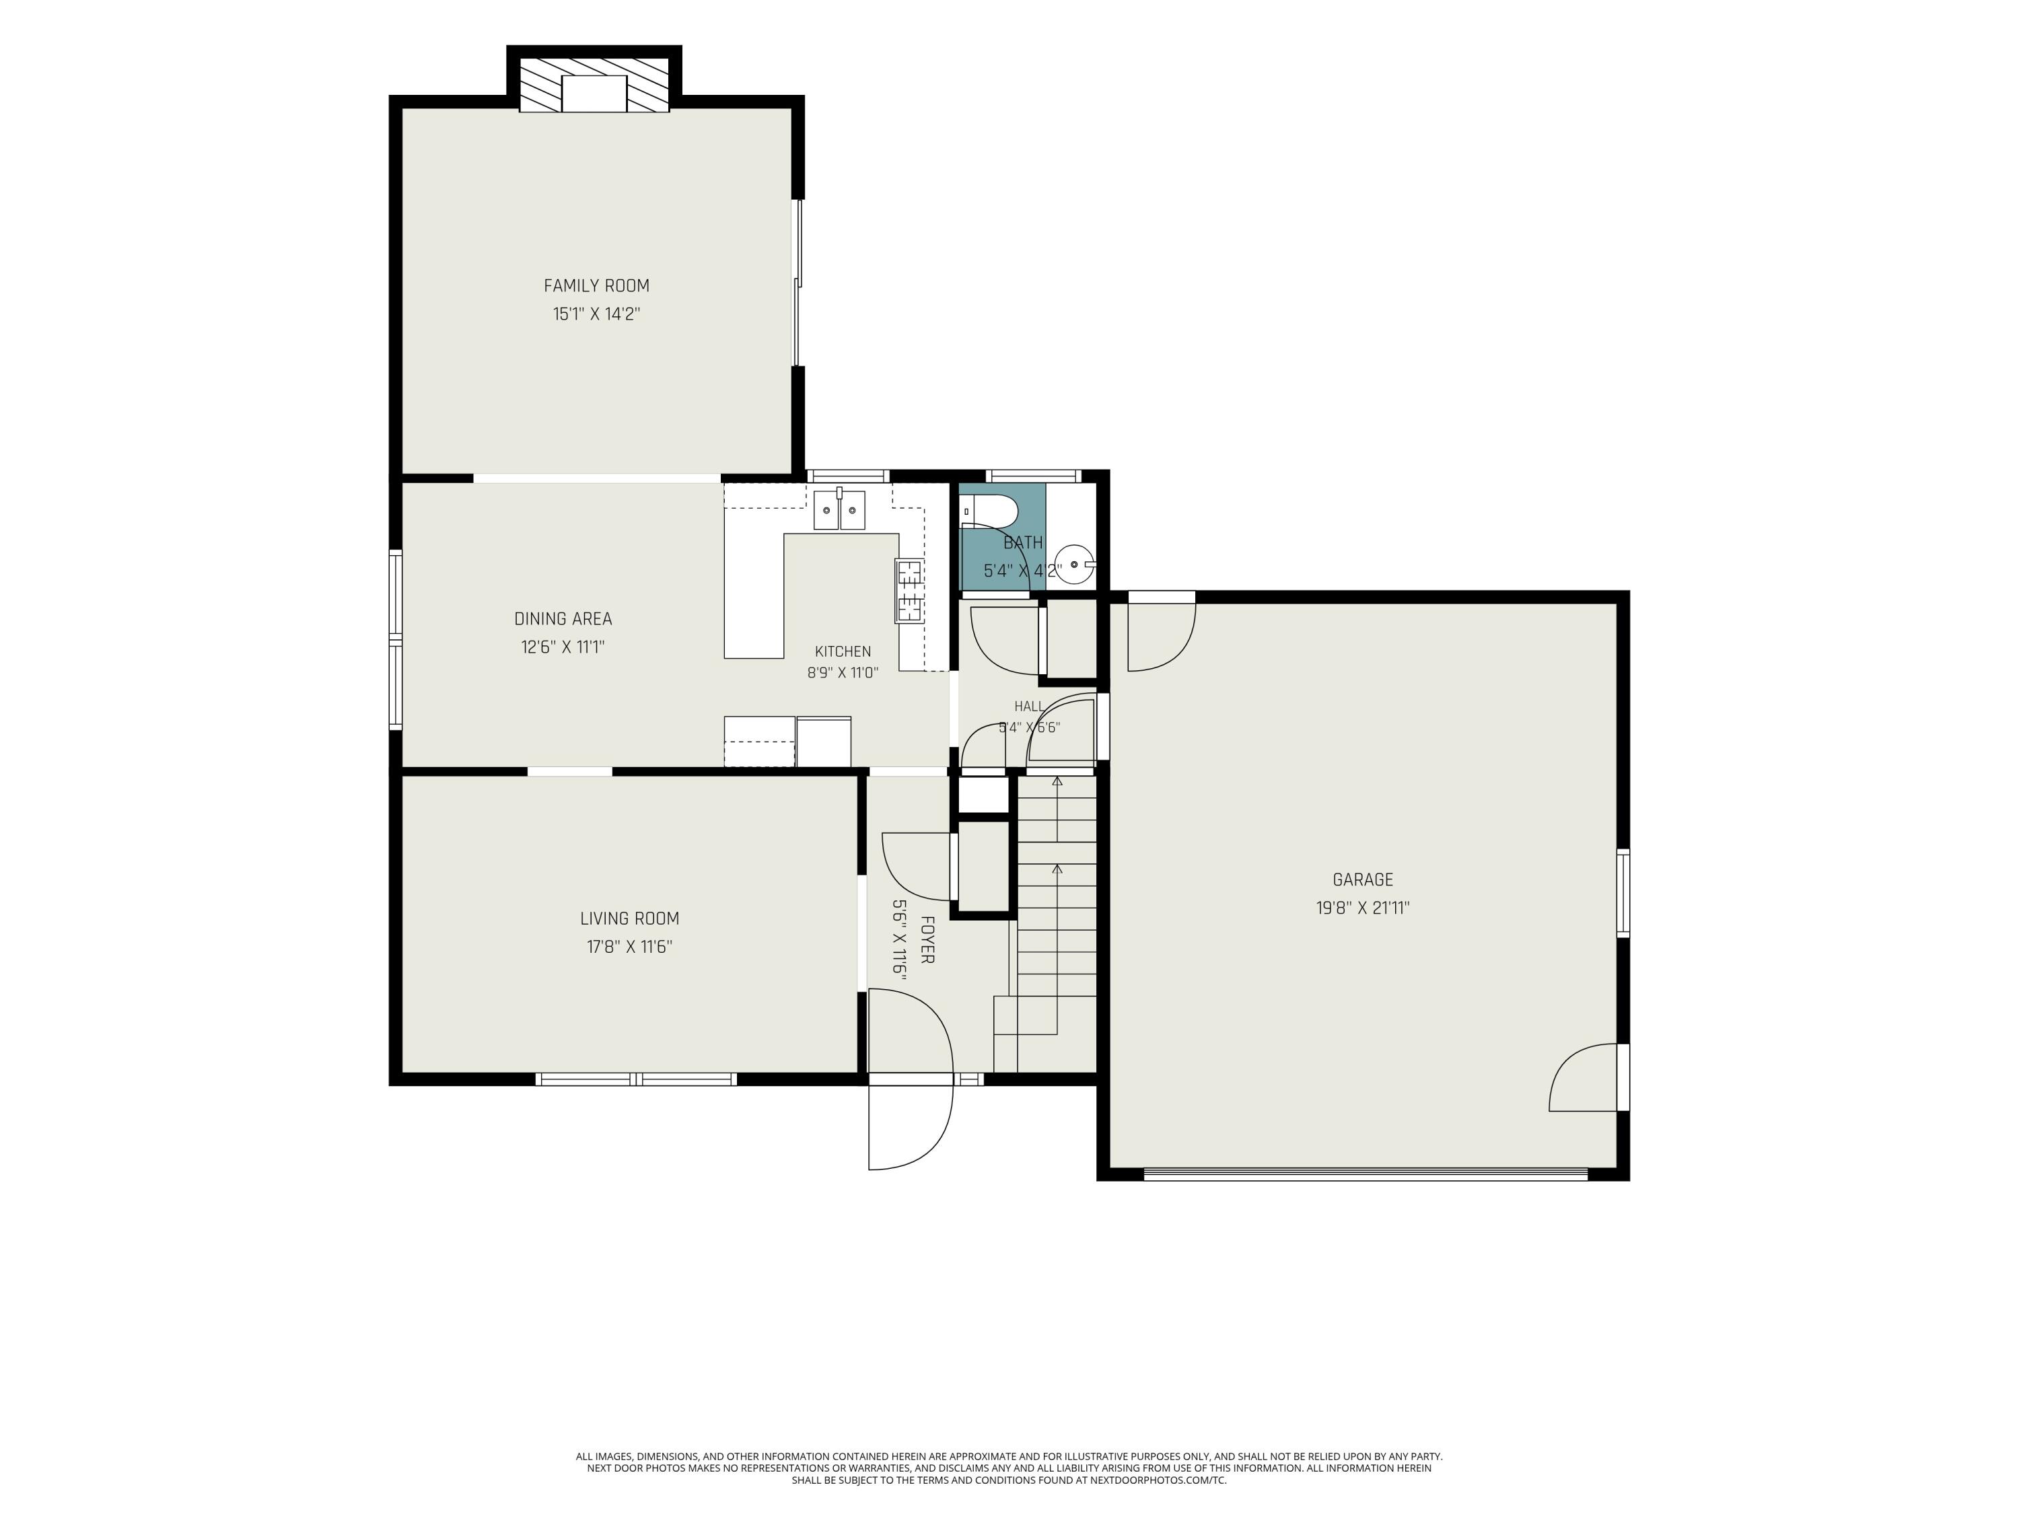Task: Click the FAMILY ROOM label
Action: (x=596, y=286)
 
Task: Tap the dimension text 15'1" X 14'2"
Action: (x=596, y=314)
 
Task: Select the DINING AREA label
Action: (x=563, y=619)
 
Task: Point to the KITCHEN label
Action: (x=843, y=651)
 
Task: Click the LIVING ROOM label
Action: (x=630, y=919)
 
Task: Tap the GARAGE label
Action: (x=1363, y=879)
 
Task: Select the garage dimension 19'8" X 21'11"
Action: (x=1363, y=908)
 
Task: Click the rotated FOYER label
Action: (x=927, y=940)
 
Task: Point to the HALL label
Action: (x=1028, y=707)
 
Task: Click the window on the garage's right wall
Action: (x=1623, y=894)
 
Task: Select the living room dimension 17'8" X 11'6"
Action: (x=630, y=947)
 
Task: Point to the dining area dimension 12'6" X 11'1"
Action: (x=563, y=647)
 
